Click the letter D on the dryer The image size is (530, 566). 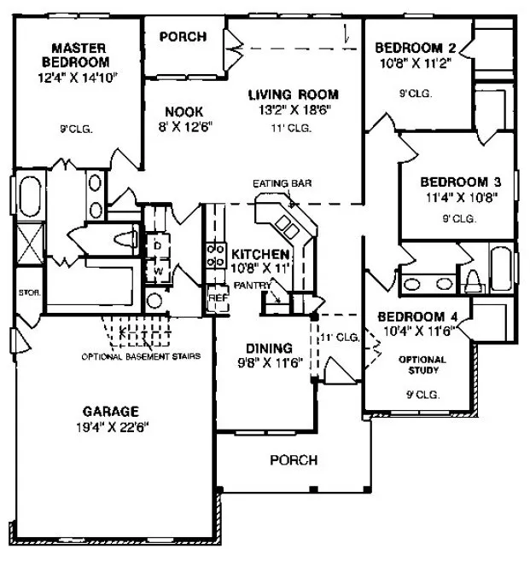coord(159,245)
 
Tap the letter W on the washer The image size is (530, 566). coord(159,272)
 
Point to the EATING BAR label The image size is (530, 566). coord(277,184)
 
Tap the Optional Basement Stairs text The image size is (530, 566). coord(141,356)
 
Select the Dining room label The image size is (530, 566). coord(269,348)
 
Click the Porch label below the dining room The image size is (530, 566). coord(293,459)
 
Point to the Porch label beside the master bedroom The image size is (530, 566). coord(183,36)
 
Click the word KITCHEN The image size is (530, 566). coord(261,254)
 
